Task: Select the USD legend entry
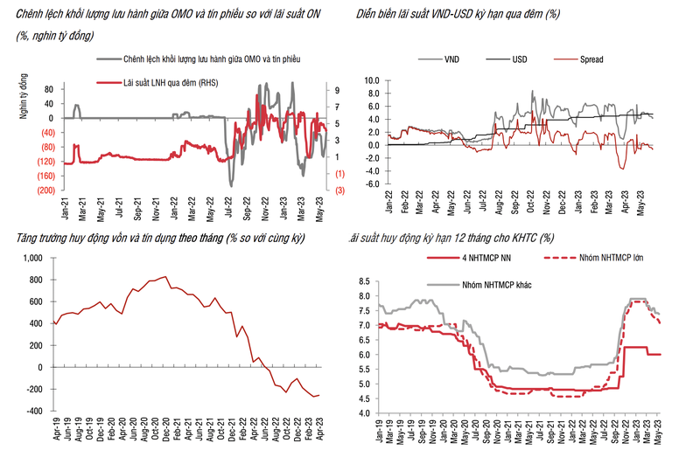[518, 59]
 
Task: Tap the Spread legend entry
[591, 59]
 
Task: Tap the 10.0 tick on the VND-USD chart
[370, 80]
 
